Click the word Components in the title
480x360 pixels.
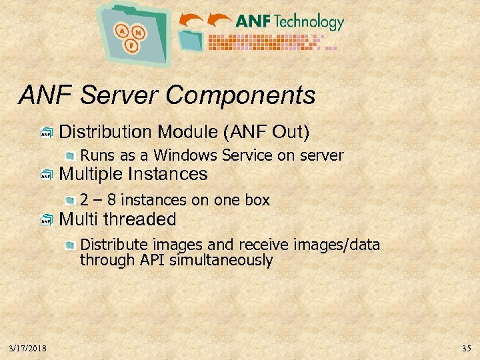(241, 95)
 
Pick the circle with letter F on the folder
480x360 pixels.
(131, 47)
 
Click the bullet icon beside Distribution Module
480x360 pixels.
(46, 133)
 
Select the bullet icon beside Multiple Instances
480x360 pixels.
(46, 175)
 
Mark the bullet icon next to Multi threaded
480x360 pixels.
(46, 220)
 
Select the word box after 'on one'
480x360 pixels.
(257, 200)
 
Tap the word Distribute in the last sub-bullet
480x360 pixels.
(110, 245)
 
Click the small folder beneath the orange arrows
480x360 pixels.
(192, 40)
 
